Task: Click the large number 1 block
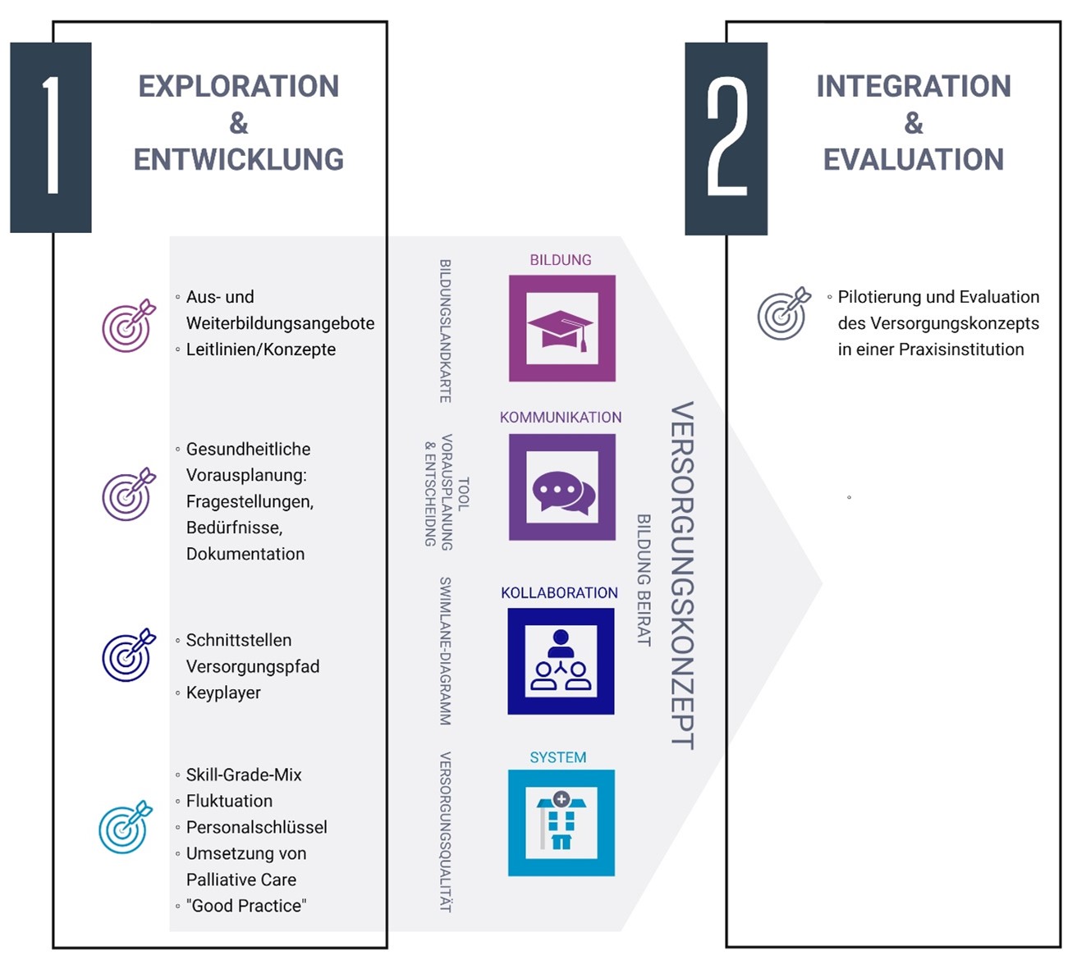pos(51,137)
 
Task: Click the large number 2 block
pos(726,139)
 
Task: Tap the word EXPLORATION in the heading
pos(238,86)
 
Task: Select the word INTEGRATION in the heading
pos(913,86)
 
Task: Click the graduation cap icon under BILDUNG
pos(561,329)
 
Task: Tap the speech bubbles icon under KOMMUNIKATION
pos(561,488)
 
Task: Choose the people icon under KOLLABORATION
pos(561,661)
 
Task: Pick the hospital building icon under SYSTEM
pos(561,823)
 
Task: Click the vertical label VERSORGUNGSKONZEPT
pos(682,574)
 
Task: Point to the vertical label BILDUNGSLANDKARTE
pos(445,331)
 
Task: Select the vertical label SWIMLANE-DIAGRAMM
pos(445,651)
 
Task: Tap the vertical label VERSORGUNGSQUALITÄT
pos(445,831)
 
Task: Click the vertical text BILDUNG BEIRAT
pos(644,580)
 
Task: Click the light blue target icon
pos(126,827)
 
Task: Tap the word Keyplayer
pos(223,692)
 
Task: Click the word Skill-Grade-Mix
pos(244,774)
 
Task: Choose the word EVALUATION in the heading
pos(913,159)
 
